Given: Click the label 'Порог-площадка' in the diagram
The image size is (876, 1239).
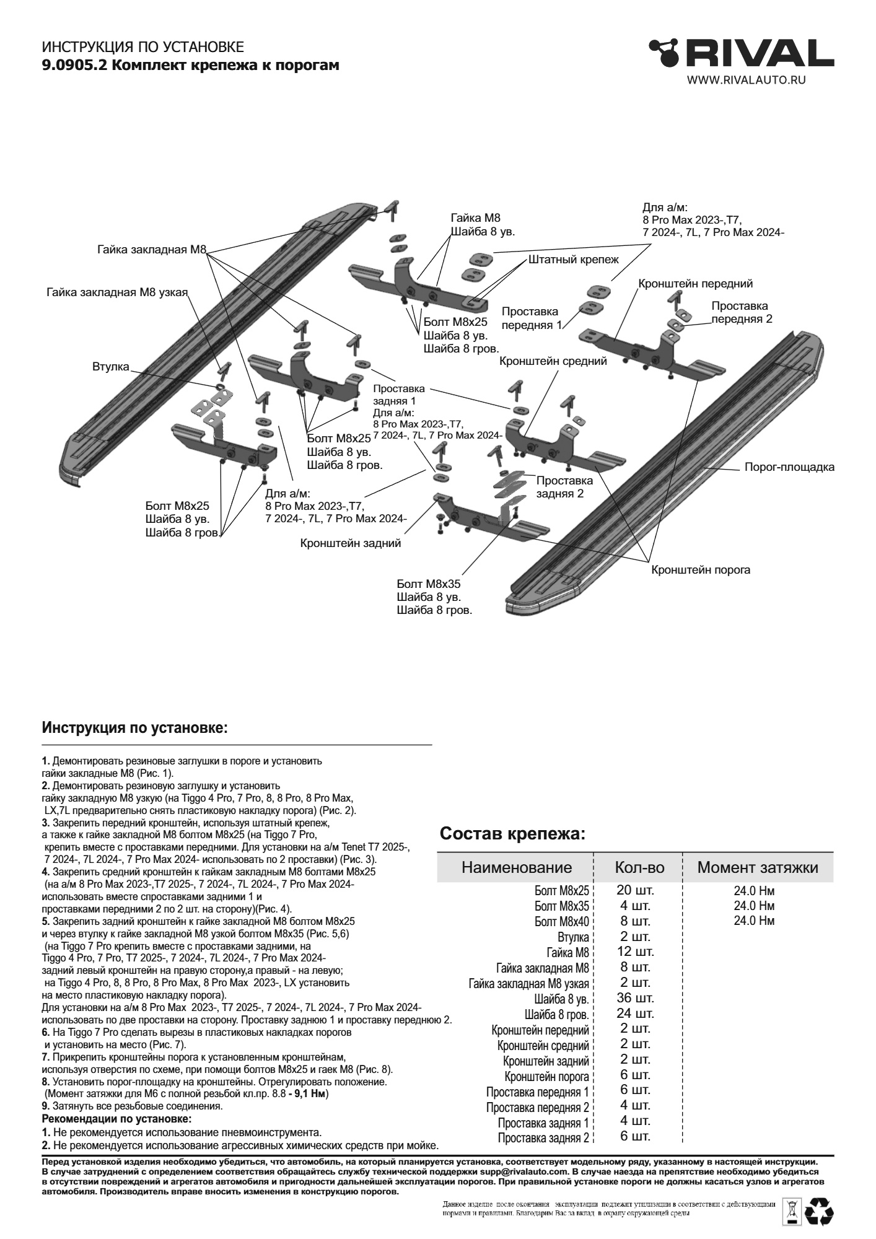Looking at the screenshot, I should tap(789, 467).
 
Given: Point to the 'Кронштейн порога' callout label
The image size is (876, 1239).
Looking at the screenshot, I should tap(700, 570).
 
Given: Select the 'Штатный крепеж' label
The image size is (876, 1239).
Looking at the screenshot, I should tap(573, 260).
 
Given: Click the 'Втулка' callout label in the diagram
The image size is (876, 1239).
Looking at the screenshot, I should tap(111, 367).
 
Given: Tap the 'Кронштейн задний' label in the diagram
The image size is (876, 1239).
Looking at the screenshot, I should tap(350, 543).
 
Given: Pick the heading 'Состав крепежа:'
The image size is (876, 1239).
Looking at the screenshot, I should tap(512, 834).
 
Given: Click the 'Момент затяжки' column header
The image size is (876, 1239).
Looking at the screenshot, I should tap(757, 867).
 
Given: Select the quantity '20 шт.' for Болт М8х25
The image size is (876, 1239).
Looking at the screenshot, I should tap(635, 890).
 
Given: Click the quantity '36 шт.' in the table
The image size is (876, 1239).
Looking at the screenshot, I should tap(635, 998).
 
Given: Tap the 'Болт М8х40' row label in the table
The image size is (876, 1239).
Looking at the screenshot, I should tap(561, 922).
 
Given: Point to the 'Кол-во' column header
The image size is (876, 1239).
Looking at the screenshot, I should tap(639, 867).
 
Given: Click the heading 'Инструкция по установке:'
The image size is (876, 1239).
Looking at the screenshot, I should tap(135, 727).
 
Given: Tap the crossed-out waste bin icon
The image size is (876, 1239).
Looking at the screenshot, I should tap(792, 1214).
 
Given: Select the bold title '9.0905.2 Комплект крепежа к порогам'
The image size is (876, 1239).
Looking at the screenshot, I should tap(190, 64).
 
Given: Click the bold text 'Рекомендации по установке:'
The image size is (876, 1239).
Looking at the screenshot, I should tap(116, 1119).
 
